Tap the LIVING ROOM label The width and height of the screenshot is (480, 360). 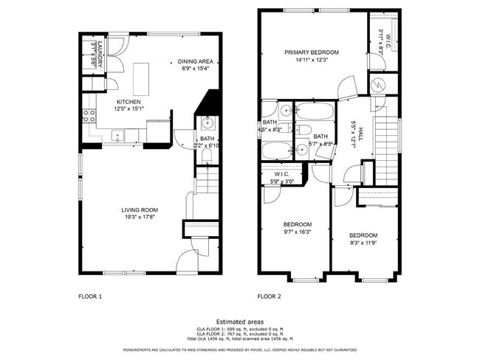coord(140,210)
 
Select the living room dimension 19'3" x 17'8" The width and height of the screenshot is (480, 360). coord(140,217)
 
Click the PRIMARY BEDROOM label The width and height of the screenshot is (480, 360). coord(312,52)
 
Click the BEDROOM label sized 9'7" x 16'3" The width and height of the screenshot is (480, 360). coord(298,224)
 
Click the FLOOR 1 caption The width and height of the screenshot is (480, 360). coord(90,297)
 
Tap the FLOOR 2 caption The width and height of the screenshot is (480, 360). coord(269,297)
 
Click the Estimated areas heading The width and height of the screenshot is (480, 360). coord(239,321)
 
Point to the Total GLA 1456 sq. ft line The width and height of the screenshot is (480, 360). coord(239,337)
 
